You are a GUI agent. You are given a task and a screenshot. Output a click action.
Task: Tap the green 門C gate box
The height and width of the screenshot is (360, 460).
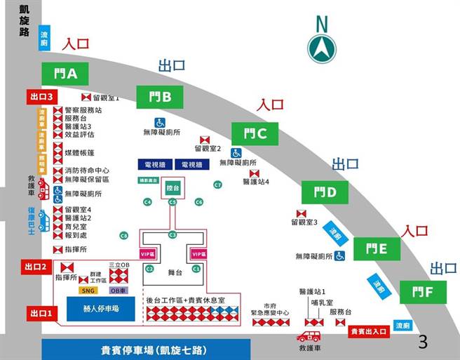tap(255, 133)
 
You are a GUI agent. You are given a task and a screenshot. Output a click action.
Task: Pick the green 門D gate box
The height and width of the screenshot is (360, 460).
tap(325, 192)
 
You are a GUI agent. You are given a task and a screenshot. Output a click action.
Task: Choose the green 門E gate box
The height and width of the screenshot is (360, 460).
tap(376, 248)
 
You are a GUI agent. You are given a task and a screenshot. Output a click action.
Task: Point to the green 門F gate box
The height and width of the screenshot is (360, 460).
tap(423, 291)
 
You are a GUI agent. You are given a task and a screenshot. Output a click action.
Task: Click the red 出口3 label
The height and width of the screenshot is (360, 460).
tap(41, 96)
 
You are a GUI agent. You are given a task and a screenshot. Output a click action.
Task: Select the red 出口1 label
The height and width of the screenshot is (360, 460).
tap(39, 312)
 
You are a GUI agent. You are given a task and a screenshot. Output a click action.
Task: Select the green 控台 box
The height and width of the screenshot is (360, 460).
tap(172, 189)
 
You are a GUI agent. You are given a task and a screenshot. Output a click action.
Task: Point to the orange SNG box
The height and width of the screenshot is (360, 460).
tap(88, 291)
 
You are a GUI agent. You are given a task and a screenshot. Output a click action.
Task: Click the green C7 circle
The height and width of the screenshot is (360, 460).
tap(217, 185)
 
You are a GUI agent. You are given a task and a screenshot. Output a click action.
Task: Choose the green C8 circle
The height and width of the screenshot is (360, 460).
tap(124, 235)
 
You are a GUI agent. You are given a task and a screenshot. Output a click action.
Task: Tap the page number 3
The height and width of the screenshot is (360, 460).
tap(422, 342)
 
